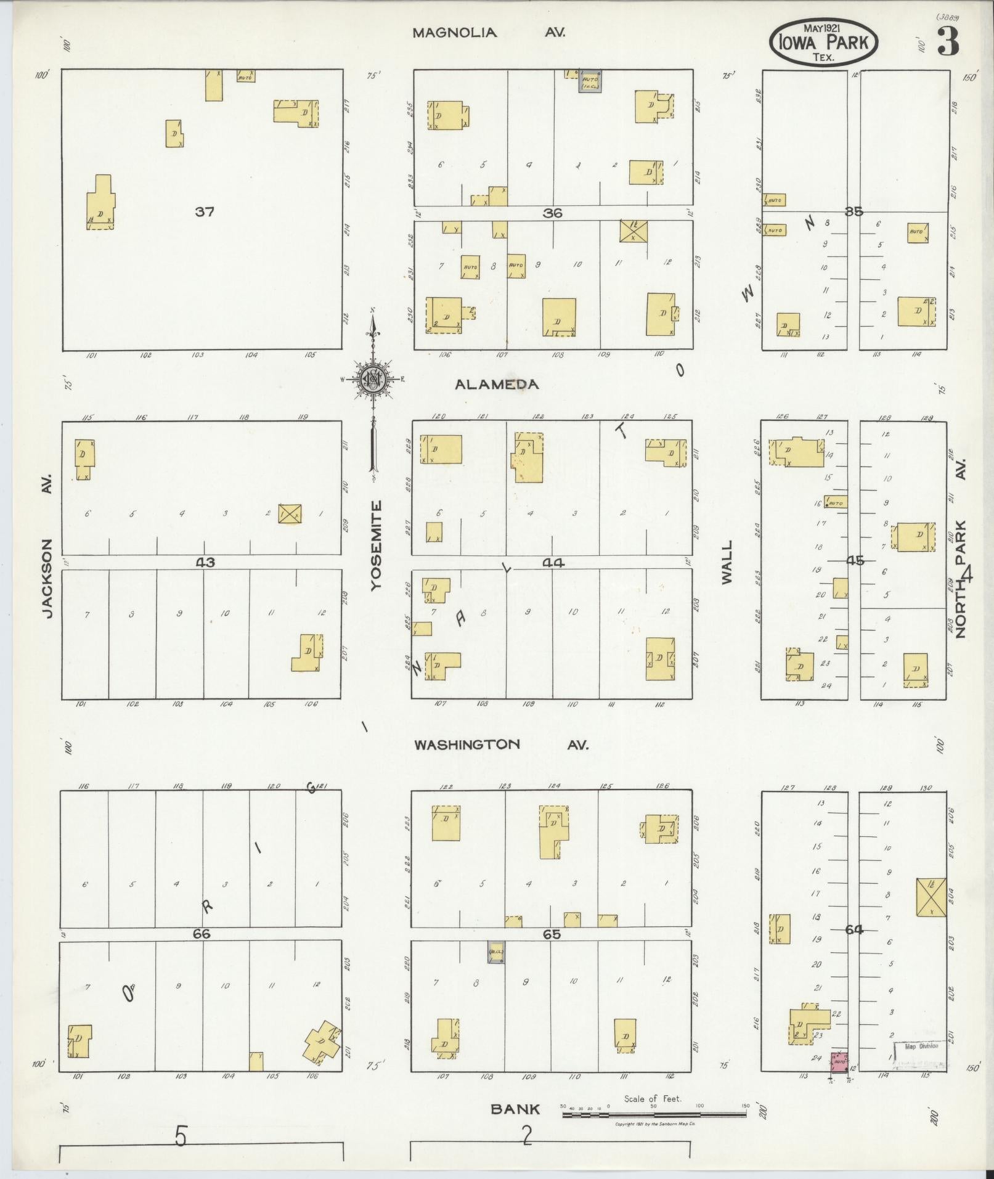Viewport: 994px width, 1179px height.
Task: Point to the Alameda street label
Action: (497, 384)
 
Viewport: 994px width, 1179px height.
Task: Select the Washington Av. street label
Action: (500, 745)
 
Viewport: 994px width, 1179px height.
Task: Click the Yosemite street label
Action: (377, 546)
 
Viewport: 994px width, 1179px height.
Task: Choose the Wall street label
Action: (727, 562)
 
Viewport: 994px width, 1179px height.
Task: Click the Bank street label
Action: (515, 1109)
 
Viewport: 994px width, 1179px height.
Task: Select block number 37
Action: (205, 212)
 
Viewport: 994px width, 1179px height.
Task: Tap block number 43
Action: (205, 562)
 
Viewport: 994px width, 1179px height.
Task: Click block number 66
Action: (202, 934)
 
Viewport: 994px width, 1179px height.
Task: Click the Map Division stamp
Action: (921, 1046)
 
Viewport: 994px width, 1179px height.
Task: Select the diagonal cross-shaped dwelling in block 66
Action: (322, 1040)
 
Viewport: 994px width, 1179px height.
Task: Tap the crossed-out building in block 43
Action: (290, 513)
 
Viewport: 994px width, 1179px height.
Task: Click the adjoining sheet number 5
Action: (180, 1136)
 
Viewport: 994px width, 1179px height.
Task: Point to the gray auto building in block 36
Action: (590, 81)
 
